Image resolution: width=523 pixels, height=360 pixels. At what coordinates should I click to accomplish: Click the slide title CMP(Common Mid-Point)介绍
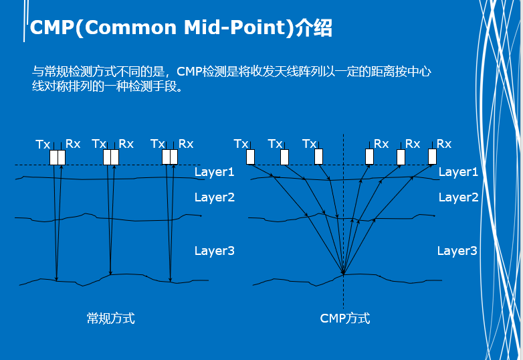pos(181,28)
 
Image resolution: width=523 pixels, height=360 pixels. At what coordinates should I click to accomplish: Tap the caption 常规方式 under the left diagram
pos(111,319)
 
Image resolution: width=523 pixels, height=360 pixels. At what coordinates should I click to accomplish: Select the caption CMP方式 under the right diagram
pos(345,319)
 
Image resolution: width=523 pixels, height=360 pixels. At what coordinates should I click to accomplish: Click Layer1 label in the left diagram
pos(215,172)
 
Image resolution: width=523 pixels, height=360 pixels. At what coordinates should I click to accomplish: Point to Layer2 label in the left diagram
pos(215,197)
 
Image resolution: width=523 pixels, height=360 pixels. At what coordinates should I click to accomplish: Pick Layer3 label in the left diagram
pos(215,251)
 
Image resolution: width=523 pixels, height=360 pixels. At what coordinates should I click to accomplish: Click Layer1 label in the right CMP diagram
pos(458,172)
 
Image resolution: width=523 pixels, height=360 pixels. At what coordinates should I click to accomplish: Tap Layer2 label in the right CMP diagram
pos(458,197)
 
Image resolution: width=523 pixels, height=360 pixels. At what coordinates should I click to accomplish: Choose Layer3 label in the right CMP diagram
pos(457,251)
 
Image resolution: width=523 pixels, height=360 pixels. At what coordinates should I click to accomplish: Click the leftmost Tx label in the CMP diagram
pos(241,144)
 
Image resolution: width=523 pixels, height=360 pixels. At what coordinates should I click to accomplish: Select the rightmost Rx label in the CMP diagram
pos(444,144)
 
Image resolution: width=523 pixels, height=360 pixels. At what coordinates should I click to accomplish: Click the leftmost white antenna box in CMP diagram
pos(251,157)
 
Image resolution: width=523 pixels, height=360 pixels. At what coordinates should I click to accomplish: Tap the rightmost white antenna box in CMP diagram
pos(432,157)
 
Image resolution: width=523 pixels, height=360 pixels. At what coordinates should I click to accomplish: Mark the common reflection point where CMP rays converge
pos(343,274)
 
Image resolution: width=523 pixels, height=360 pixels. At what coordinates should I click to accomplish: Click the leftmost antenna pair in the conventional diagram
pos(58,157)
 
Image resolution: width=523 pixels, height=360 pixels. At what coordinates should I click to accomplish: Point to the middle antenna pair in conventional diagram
pos(111,157)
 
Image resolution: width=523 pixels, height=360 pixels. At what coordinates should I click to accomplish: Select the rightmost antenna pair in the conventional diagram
pos(170,157)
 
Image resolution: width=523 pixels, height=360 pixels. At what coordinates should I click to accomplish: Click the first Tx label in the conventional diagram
pos(43,144)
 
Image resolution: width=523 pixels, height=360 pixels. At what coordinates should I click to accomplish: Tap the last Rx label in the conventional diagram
pos(186,144)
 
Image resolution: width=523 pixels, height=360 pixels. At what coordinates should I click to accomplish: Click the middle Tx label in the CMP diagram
pos(275,144)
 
